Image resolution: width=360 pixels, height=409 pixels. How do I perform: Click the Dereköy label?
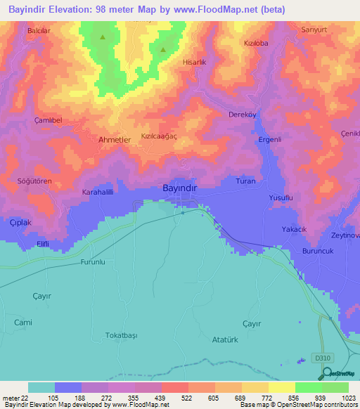pyautogui.click(x=241, y=115)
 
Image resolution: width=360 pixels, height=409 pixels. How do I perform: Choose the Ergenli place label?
pyautogui.click(x=270, y=139)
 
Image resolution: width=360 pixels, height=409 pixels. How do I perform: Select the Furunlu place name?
pyautogui.click(x=93, y=262)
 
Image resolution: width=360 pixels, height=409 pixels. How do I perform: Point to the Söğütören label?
pyautogui.click(x=35, y=181)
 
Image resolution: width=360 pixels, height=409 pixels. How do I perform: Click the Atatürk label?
pyautogui.click(x=226, y=339)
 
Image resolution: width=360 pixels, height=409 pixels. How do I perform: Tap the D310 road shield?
pyautogui.click(x=322, y=358)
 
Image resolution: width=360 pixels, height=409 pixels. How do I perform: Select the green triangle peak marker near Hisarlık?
pyautogui.click(x=163, y=49)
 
